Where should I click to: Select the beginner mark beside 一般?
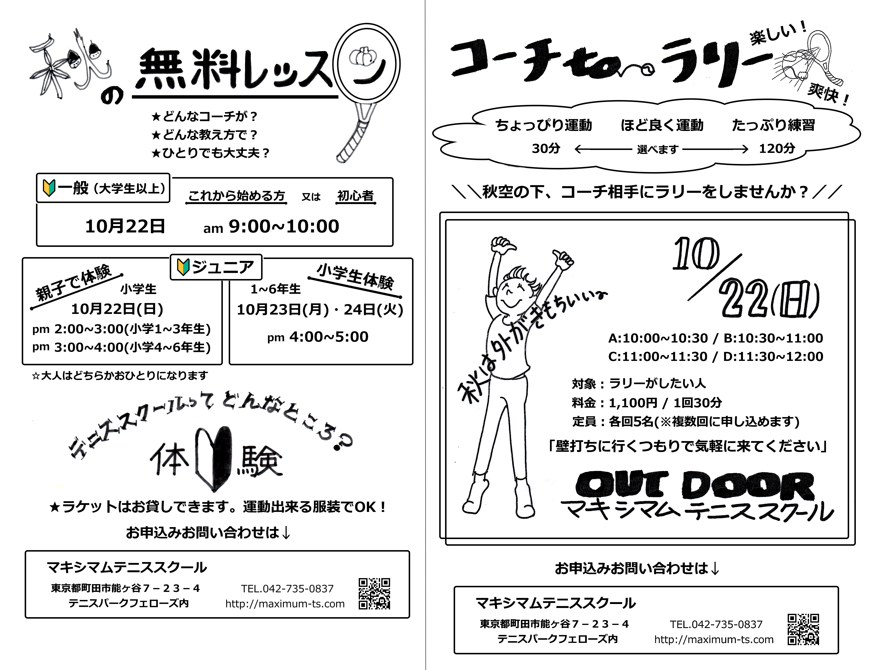click(x=49, y=188)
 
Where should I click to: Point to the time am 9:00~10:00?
click(x=271, y=227)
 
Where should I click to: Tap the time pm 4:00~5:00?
click(x=318, y=337)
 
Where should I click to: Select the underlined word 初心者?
click(x=356, y=196)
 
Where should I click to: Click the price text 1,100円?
click(x=633, y=403)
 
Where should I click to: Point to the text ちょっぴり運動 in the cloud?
click(x=544, y=125)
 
